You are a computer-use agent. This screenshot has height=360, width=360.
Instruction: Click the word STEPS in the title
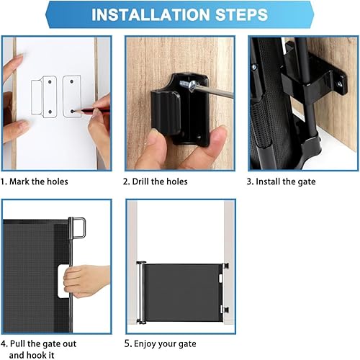point(235,14)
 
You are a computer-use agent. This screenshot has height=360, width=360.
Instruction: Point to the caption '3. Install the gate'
point(281,181)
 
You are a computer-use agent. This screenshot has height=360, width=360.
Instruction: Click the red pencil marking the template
point(89,110)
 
